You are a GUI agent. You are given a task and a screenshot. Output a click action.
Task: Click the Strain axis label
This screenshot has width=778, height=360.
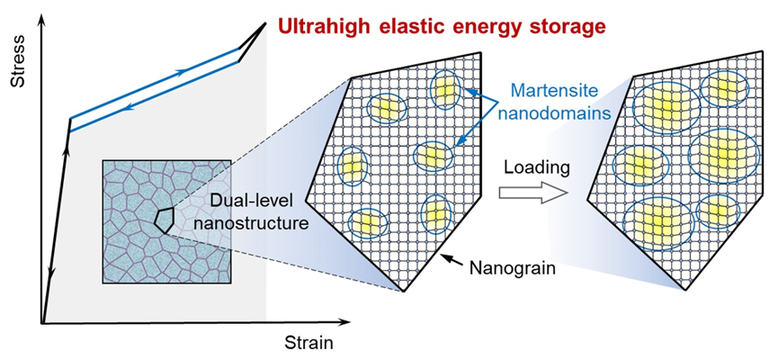(x=309, y=342)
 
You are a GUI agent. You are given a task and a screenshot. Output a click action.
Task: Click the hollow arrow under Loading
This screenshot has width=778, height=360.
(x=533, y=192)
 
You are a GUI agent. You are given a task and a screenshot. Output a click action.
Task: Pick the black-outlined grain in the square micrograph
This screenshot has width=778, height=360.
(x=164, y=219)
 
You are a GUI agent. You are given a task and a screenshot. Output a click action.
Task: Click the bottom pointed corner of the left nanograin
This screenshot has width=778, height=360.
(x=404, y=292)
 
